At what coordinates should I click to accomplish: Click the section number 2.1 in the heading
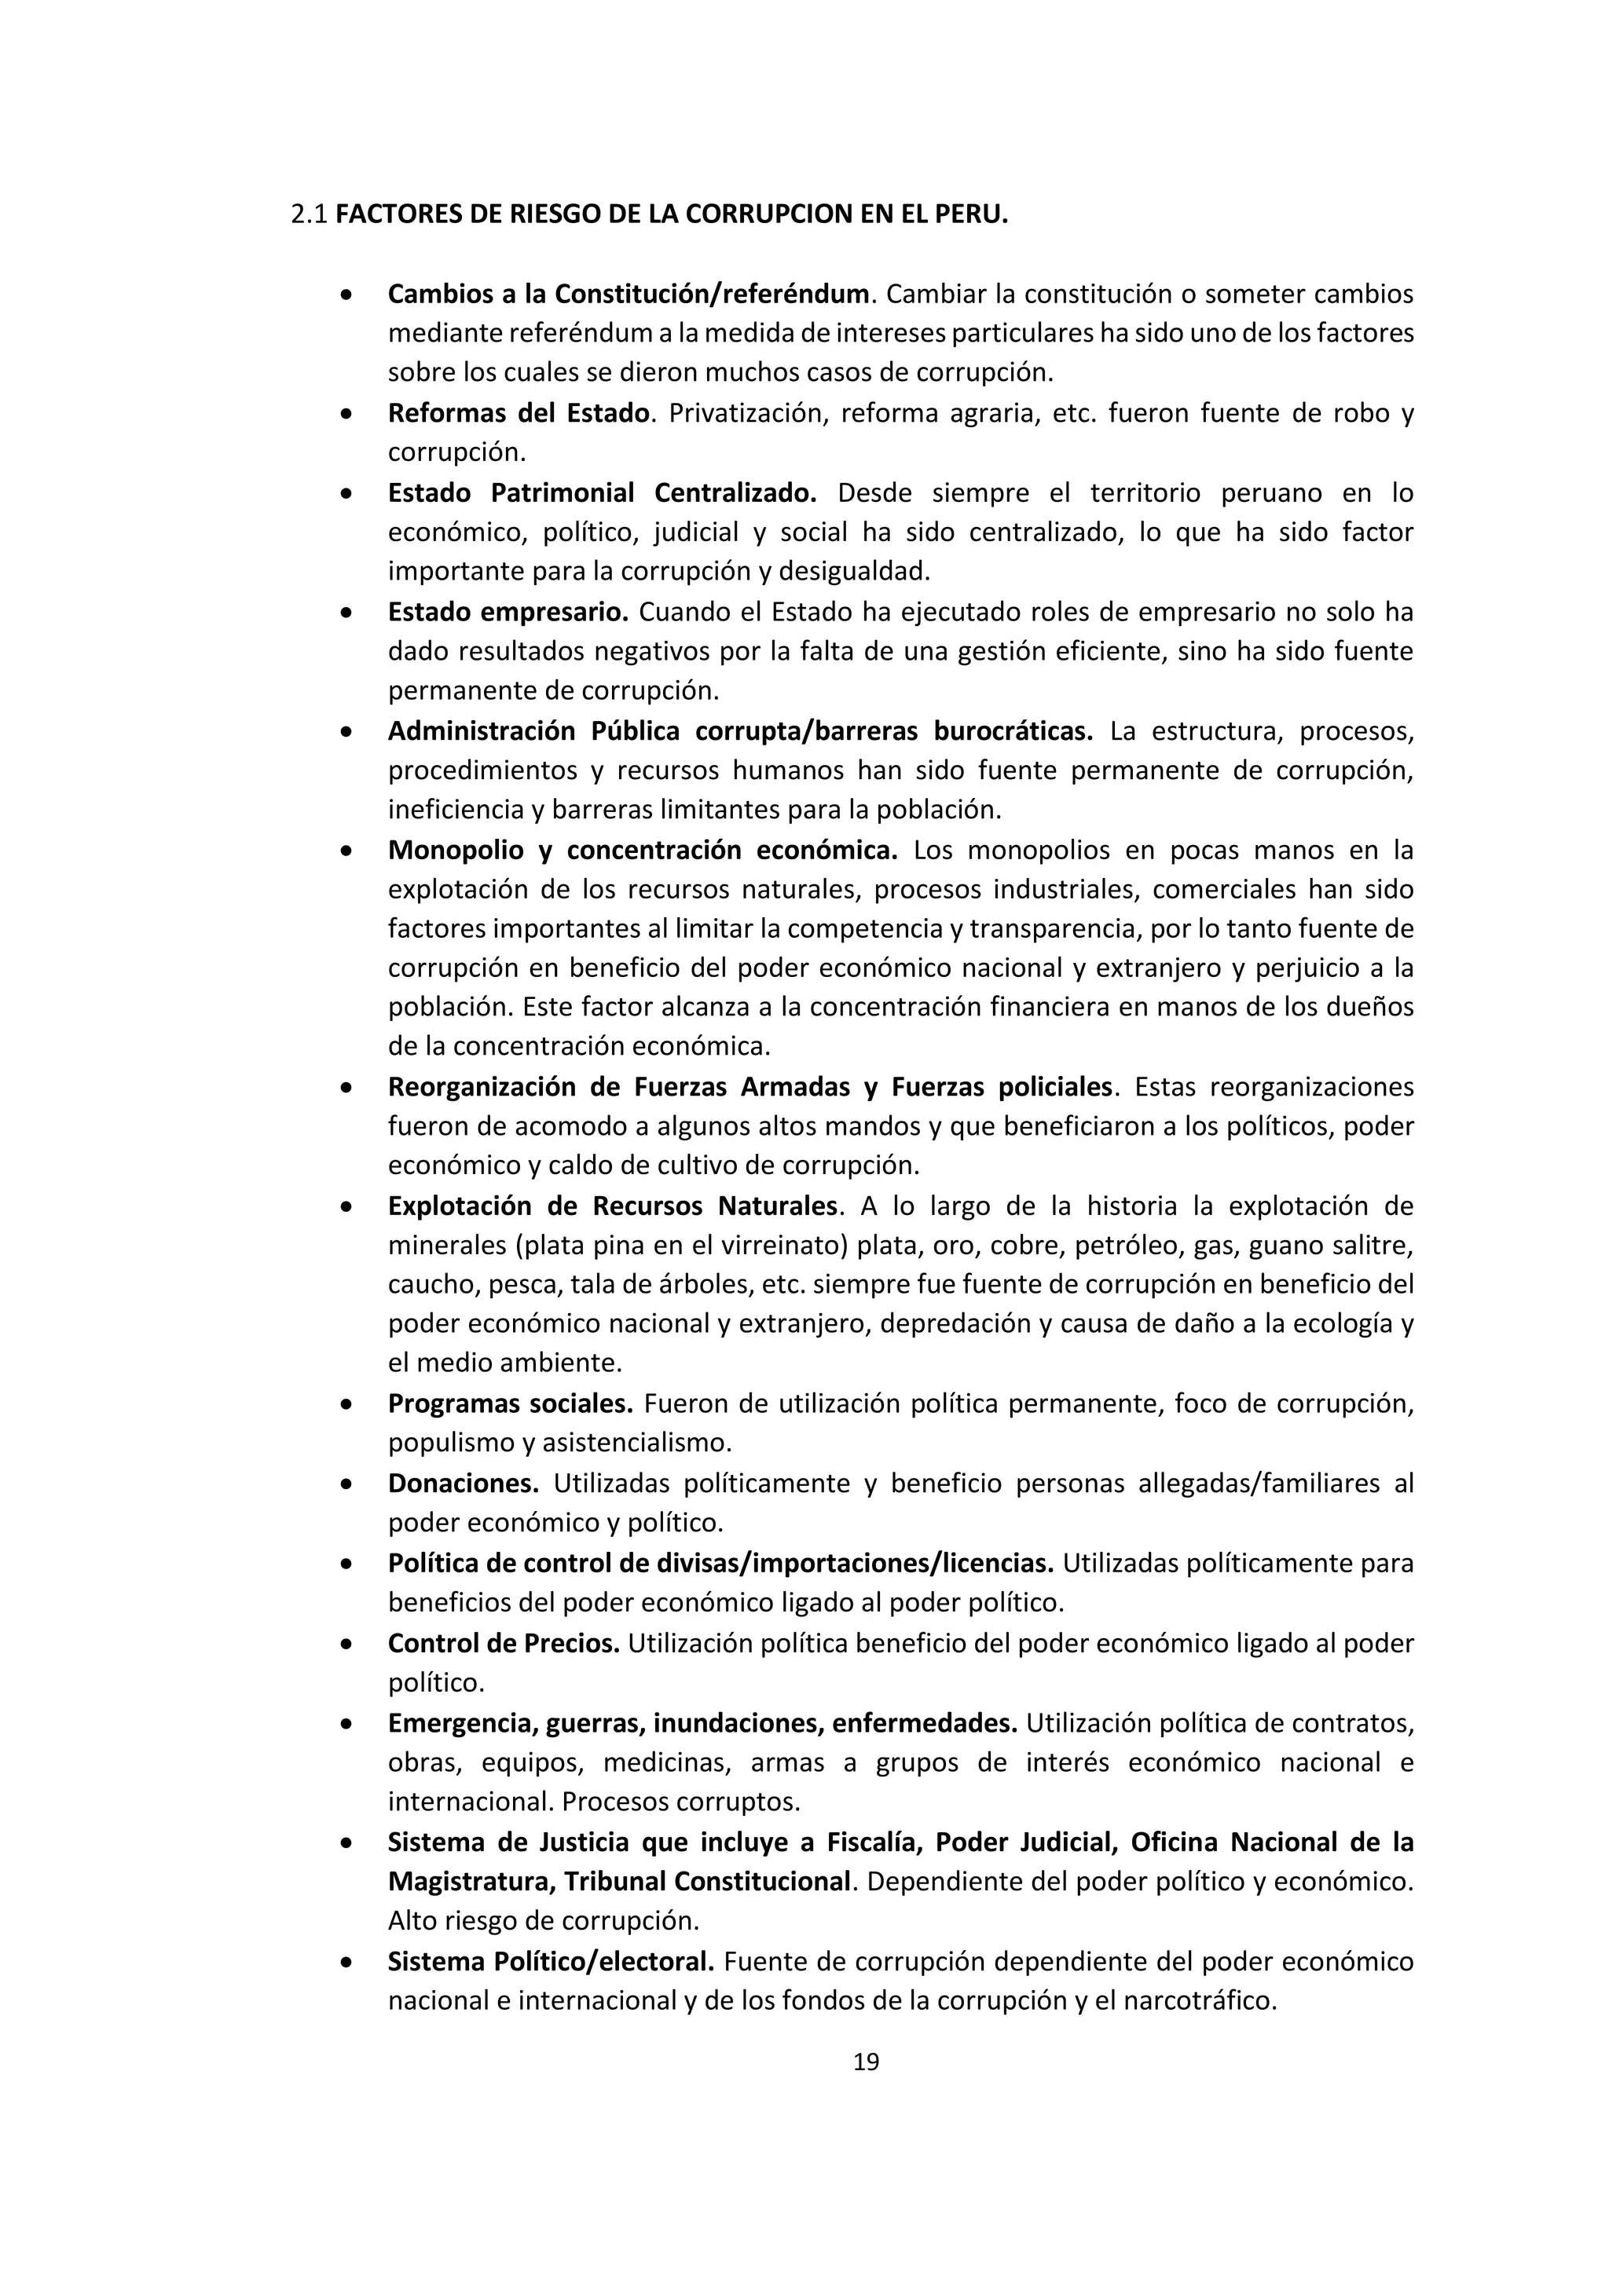tap(310, 215)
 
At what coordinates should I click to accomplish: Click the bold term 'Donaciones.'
tap(463, 1484)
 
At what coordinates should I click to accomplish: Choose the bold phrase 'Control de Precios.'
tap(503, 1644)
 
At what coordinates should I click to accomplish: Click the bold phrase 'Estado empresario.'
tap(508, 613)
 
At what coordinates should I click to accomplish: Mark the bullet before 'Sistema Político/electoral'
tap(345, 1963)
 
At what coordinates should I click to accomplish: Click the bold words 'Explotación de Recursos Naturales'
tap(613, 1206)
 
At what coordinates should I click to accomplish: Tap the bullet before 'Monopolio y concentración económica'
tap(345, 851)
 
